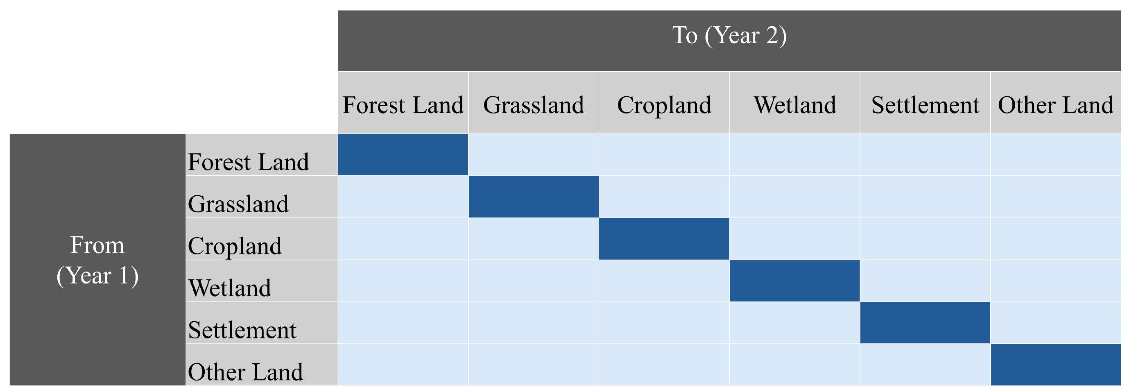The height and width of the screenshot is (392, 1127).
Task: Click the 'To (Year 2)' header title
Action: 729,36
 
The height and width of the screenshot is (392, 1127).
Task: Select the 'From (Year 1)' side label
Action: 97,261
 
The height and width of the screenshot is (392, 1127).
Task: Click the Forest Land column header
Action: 403,105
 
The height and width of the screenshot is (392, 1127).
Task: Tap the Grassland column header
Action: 534,105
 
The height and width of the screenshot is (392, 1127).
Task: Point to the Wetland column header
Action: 794,105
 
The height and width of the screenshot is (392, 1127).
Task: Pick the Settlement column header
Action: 926,105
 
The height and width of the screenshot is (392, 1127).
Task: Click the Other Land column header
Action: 1056,105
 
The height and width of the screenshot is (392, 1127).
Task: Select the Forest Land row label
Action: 249,162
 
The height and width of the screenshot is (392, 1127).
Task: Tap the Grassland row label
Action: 238,204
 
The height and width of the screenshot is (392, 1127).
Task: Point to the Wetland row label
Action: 230,288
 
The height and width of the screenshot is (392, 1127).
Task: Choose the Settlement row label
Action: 242,330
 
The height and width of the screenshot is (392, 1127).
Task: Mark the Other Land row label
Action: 245,372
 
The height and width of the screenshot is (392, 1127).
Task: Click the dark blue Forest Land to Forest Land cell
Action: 403,155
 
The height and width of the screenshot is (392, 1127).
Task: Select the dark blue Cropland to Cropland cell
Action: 664,239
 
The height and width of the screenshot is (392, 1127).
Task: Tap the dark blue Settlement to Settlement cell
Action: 926,323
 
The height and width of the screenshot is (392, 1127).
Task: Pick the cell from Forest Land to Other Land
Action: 1056,155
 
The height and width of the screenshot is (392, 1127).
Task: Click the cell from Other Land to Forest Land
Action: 403,365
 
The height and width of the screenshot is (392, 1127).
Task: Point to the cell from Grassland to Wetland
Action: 794,197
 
